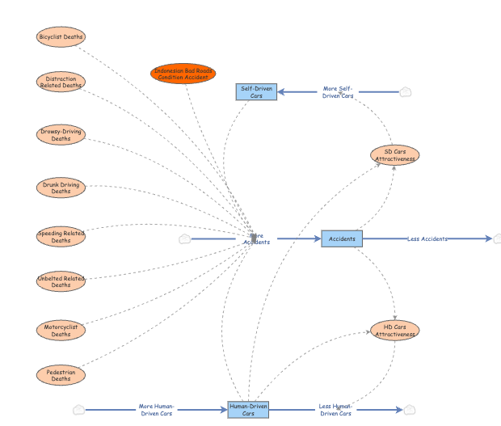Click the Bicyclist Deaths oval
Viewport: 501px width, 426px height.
coord(61,36)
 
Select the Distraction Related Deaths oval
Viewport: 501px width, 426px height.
coord(61,82)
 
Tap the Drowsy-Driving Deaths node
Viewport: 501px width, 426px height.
coord(61,135)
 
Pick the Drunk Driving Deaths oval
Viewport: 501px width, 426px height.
coord(61,188)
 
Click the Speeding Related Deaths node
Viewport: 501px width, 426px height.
coord(61,237)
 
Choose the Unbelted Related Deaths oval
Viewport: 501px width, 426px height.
coord(61,281)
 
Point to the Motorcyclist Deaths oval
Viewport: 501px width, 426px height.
coord(61,330)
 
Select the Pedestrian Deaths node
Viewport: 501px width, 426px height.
coord(61,375)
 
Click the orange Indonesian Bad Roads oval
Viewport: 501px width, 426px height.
coord(183,74)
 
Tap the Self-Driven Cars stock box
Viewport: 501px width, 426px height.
coord(256,91)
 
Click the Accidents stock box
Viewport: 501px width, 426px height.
coord(342,238)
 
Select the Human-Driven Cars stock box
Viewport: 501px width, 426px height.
coord(248,410)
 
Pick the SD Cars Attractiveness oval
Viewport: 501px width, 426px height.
coord(394,155)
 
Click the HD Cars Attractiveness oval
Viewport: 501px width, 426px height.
coord(395,330)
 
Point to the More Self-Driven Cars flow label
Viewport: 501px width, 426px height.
coord(338,92)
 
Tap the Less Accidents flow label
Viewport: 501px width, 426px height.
coord(427,238)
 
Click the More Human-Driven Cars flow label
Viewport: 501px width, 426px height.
coord(156,410)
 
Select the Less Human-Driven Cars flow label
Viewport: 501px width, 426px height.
coord(335,410)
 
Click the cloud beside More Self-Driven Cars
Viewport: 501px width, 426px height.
coord(406,91)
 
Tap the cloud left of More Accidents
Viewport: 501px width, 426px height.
coord(184,238)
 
